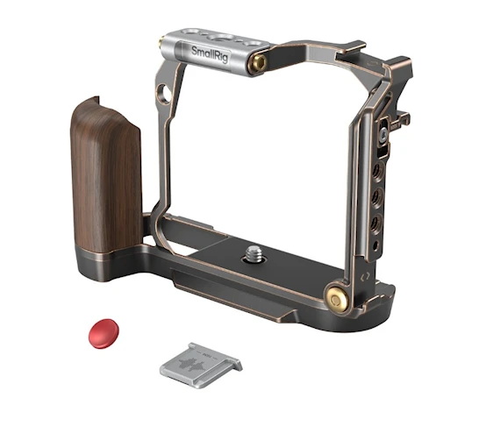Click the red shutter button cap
click(x=104, y=333)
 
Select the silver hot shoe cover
click(x=201, y=366)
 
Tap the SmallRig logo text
click(x=210, y=54)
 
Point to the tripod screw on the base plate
click(x=254, y=254)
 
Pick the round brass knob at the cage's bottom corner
click(x=336, y=299)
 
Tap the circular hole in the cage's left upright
click(x=164, y=94)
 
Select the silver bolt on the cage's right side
click(x=383, y=134)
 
